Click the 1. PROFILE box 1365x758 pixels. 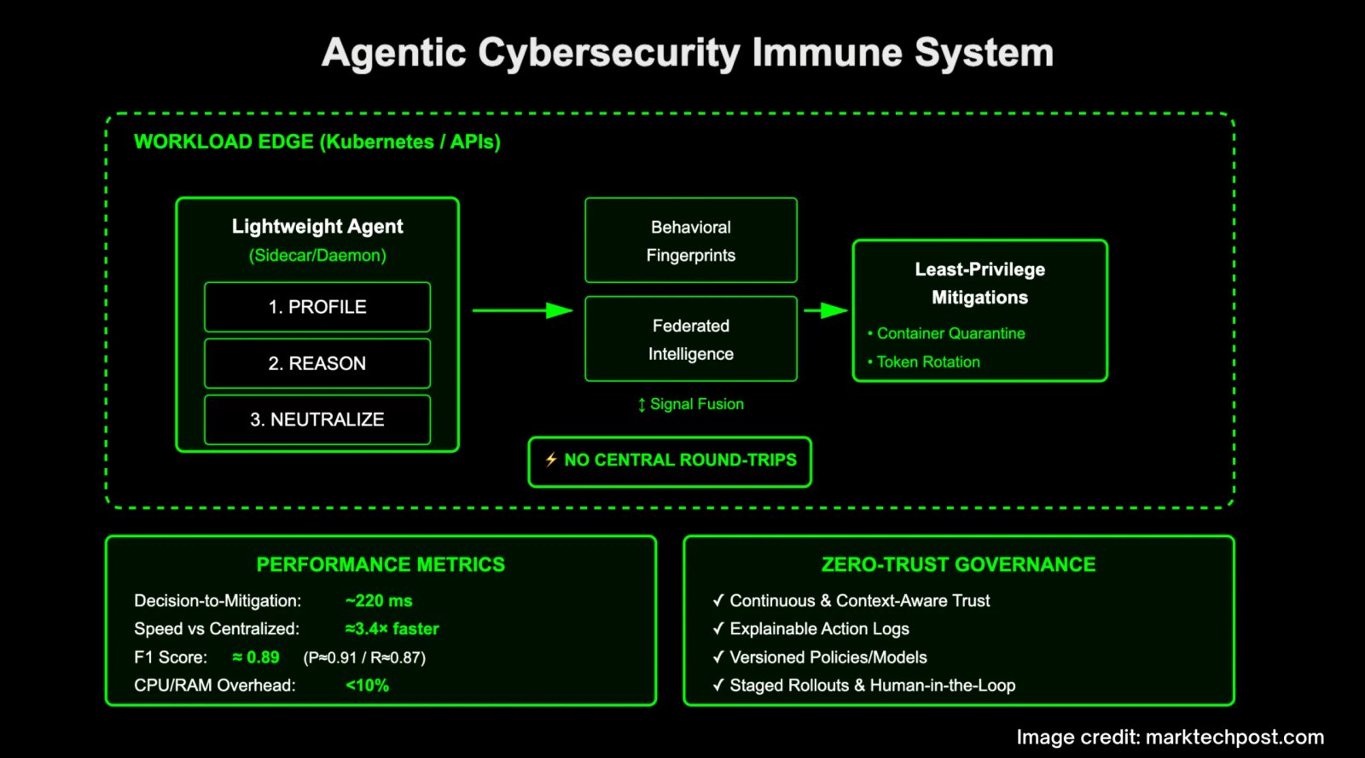click(317, 307)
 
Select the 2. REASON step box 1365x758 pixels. click(317, 363)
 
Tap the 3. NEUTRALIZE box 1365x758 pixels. click(317, 420)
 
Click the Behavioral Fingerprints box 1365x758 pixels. click(690, 240)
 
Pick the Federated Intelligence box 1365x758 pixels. click(690, 339)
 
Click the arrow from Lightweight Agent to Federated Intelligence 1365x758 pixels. click(523, 310)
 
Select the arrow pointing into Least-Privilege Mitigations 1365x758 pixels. click(826, 310)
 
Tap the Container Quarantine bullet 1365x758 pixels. click(946, 333)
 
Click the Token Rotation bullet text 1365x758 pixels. click(928, 362)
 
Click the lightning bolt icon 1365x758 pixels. click(551, 460)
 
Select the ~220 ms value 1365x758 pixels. click(379, 601)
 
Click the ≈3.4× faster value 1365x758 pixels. click(392, 629)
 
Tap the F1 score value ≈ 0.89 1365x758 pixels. click(256, 657)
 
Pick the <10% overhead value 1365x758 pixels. click(367, 686)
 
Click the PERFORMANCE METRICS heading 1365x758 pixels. click(380, 564)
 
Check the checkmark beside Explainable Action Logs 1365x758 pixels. click(718, 628)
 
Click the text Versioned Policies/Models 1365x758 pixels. click(828, 657)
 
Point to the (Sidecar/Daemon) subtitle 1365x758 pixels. click(317, 255)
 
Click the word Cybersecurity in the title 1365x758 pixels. click(609, 54)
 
